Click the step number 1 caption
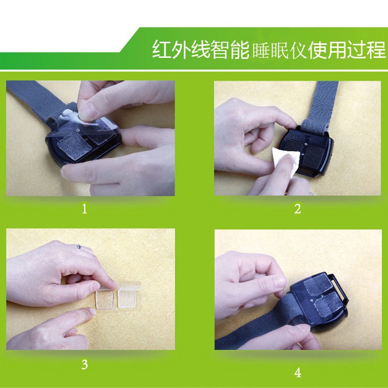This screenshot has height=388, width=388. coord(84,209)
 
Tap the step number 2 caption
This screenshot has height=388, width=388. coord(297,209)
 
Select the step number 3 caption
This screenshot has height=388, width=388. coord(84,364)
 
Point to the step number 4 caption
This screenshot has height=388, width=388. coord(297,373)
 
